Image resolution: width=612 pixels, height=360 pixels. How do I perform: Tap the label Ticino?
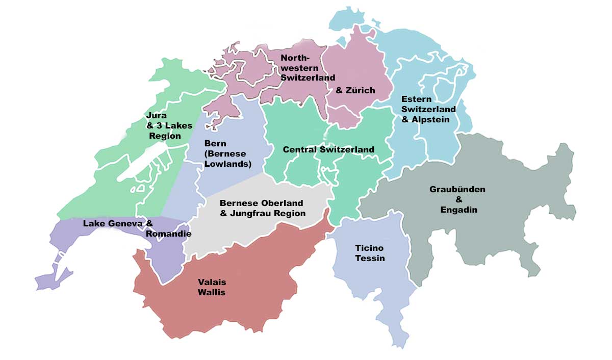tap(369, 248)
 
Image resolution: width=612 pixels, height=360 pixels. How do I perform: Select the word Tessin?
tap(370, 258)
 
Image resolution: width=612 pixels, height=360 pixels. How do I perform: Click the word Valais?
tap(212, 282)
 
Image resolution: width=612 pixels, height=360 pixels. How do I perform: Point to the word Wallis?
tap(212, 292)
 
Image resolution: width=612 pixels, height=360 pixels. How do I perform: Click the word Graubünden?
tap(457, 189)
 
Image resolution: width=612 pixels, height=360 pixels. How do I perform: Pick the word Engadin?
tap(459, 209)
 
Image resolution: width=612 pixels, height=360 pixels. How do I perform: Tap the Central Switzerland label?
tap(328, 149)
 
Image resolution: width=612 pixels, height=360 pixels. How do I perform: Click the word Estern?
tap(417, 99)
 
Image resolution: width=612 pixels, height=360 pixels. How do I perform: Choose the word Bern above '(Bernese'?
tap(215, 143)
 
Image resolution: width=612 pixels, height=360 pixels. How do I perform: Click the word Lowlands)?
tap(228, 164)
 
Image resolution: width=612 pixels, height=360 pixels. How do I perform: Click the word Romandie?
tap(168, 234)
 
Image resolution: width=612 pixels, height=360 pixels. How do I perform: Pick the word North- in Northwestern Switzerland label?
tap(295, 58)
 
